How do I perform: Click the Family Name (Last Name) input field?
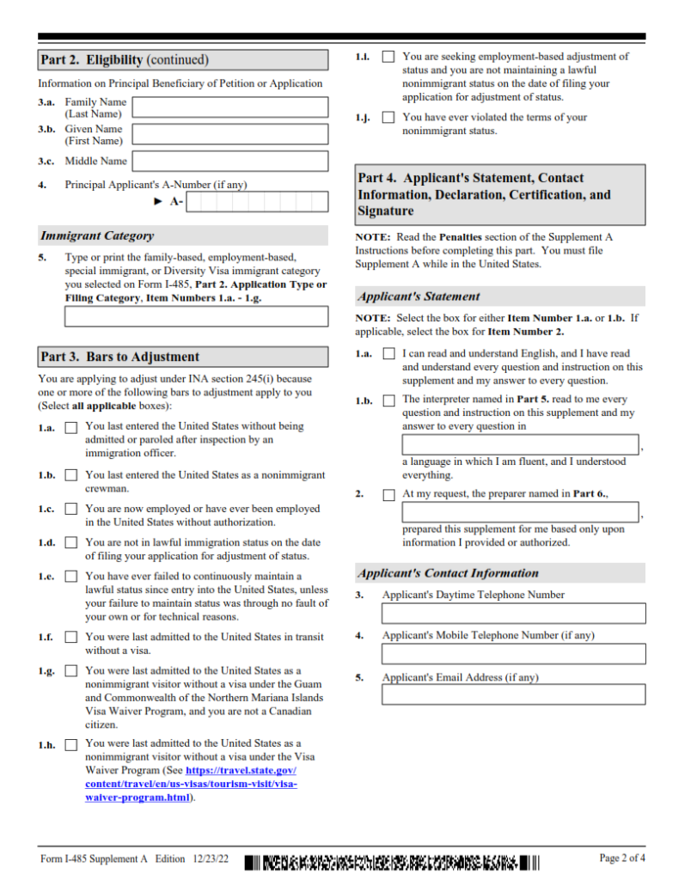[x=230, y=107]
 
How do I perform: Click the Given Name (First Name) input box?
[x=230, y=134]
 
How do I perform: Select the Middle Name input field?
[x=230, y=162]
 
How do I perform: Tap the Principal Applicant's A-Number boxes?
[x=257, y=202]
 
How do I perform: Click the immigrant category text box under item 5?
[x=196, y=316]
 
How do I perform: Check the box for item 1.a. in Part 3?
[x=70, y=427]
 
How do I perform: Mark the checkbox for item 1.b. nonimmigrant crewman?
[x=70, y=475]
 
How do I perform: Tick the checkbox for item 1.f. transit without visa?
[x=70, y=638]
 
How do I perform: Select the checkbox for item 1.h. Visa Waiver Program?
[x=70, y=744]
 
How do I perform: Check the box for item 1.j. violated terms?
[x=388, y=118]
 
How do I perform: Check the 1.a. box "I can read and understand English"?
[x=388, y=354]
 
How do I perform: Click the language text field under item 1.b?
[x=520, y=444]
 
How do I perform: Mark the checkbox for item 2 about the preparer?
[x=388, y=495]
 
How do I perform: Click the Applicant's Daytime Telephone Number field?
[x=513, y=614]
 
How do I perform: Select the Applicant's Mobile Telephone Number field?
[x=513, y=654]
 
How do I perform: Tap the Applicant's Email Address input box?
[x=513, y=694]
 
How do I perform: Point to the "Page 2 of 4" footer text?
[x=621, y=858]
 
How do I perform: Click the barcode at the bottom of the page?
[x=392, y=861]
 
